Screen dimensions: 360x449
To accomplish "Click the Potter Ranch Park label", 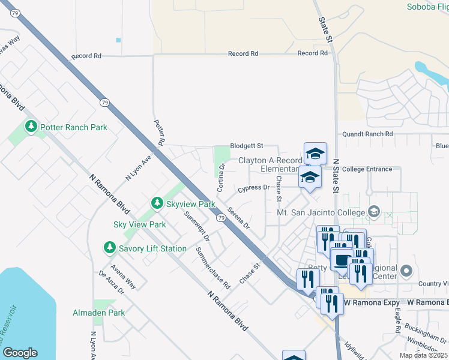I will click(73, 127).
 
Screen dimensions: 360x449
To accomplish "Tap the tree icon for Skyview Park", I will click(157, 203).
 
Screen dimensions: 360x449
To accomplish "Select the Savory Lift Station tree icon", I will click(109, 247).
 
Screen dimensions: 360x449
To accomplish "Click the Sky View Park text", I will click(139, 224).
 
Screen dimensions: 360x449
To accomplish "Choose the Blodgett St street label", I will click(247, 146).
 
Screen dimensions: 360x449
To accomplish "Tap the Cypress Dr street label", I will click(253, 188).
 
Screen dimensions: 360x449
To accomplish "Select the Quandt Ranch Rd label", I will click(367, 134).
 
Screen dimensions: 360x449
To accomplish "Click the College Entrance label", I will click(367, 169).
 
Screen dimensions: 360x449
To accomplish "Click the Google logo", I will click(20, 353).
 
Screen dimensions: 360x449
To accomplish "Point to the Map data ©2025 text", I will click(424, 355).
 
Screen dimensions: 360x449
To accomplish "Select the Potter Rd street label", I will click(160, 133).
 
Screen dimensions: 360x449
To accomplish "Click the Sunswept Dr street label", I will click(197, 226).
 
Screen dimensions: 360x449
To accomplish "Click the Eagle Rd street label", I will click(397, 322).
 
